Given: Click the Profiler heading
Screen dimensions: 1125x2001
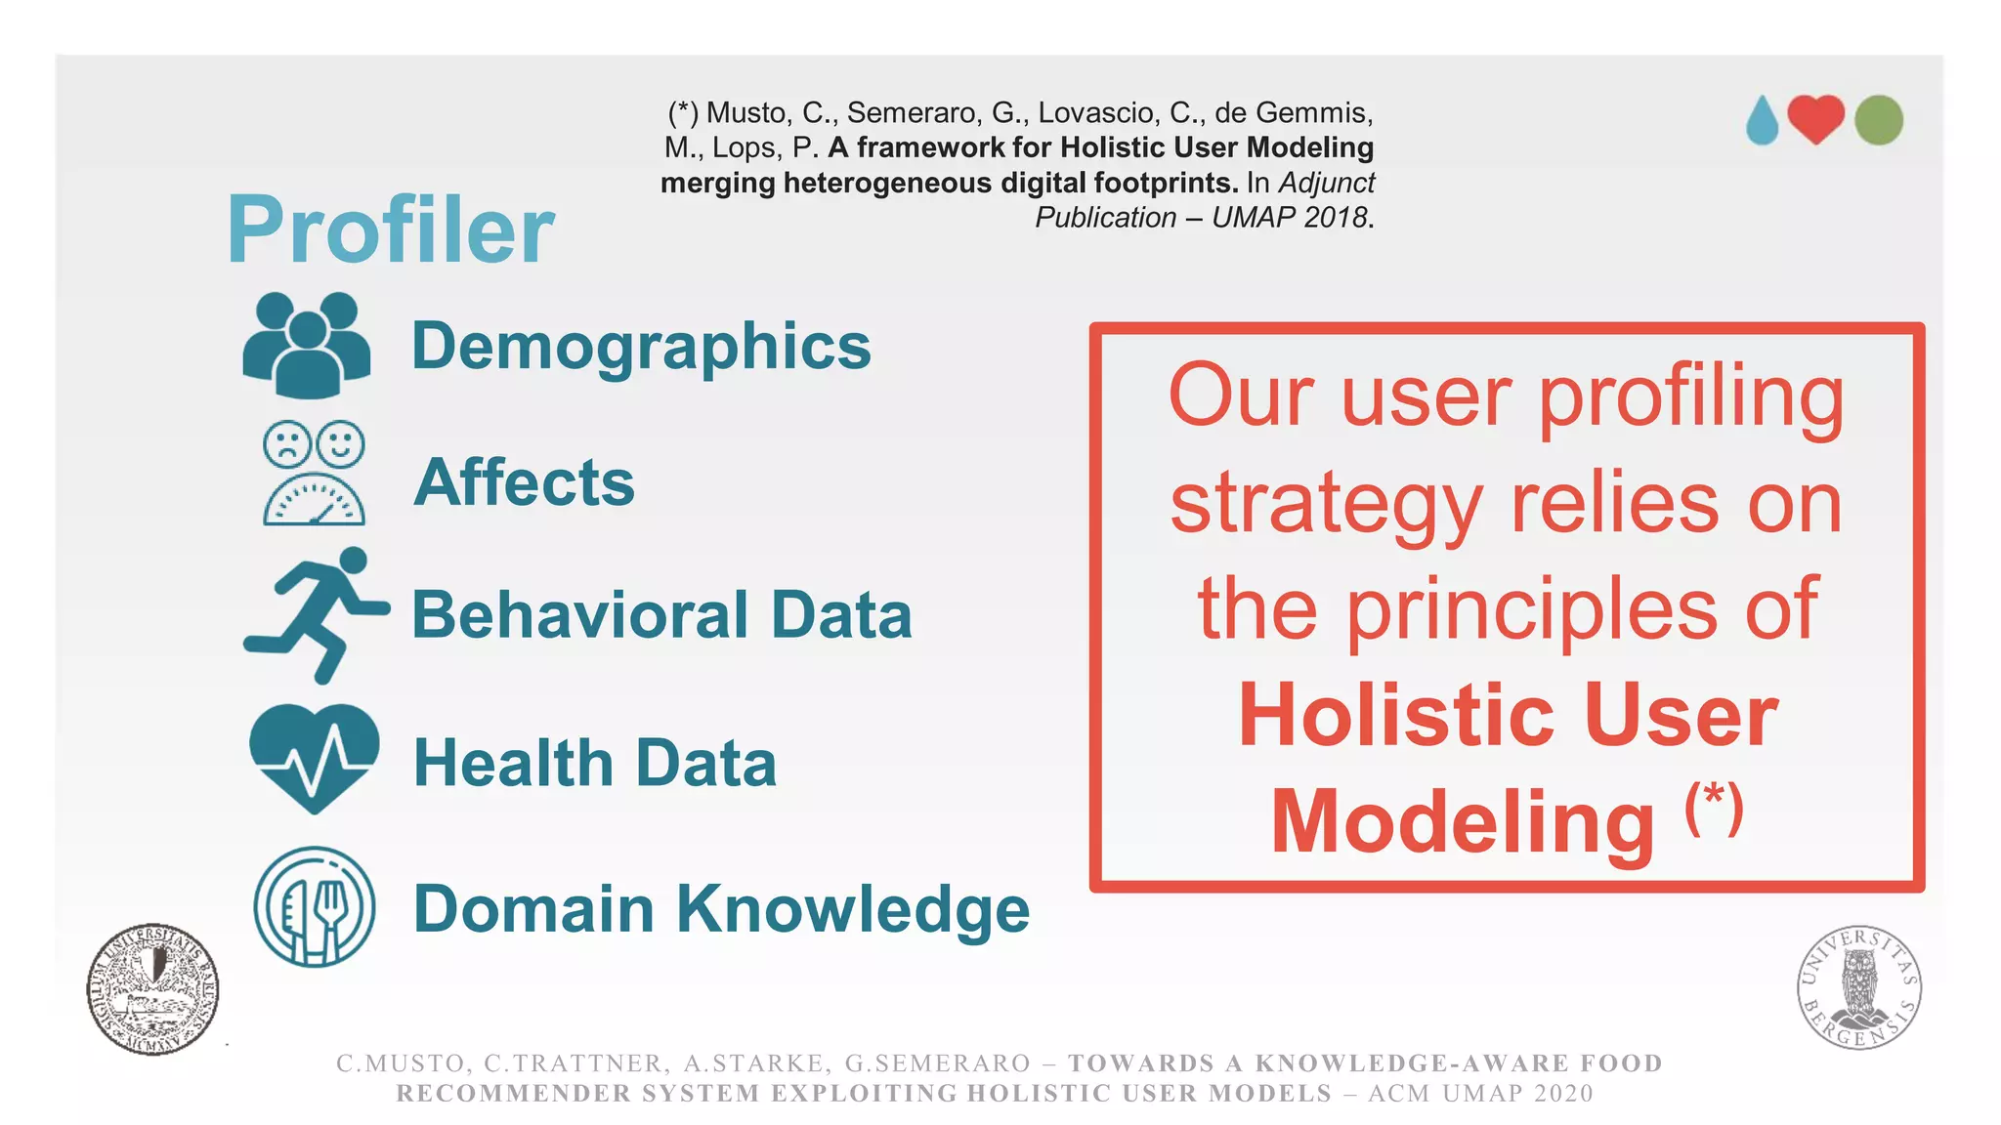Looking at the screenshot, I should (391, 230).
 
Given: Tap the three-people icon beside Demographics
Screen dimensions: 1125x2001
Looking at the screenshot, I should (307, 346).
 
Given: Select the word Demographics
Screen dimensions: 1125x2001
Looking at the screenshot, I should (641, 346).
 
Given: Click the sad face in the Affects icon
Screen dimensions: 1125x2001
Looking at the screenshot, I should (286, 444).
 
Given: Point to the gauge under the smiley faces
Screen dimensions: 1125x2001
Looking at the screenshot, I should (314, 499).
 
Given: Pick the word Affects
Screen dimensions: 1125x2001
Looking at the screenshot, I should (525, 482).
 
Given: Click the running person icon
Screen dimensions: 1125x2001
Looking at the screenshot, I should (315, 614).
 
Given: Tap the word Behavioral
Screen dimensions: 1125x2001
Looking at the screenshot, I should (579, 615).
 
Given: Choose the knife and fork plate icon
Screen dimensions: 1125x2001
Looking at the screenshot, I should (314, 907).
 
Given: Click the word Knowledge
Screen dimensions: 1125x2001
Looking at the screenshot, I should (853, 909).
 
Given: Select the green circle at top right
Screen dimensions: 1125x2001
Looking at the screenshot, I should (1878, 120).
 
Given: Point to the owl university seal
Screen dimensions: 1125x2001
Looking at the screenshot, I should (1858, 987).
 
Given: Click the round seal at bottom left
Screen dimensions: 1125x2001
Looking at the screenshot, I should (152, 989).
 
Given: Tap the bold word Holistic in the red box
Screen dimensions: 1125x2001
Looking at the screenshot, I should (1395, 716).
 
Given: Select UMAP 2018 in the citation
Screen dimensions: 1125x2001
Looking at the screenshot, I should (1289, 217).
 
